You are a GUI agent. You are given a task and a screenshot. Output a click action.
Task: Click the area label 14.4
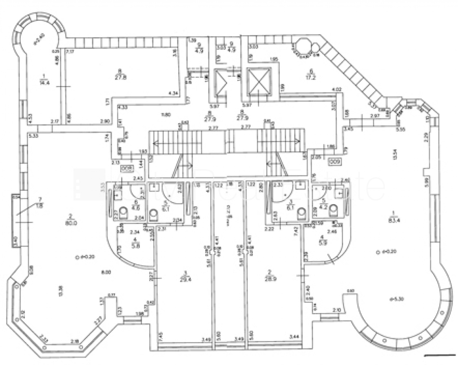43,83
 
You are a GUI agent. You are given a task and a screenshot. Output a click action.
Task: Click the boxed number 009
334,161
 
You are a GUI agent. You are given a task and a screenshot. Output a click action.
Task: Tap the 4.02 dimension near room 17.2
336,89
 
